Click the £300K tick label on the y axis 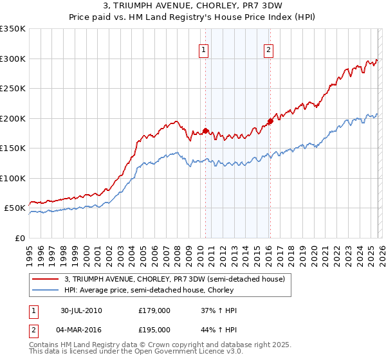pyautogui.click(x=13, y=59)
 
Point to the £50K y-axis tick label pyautogui.click(x=15, y=208)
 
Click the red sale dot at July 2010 pyautogui.click(x=206, y=130)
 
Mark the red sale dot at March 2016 pyautogui.click(x=270, y=121)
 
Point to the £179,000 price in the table pyautogui.click(x=154, y=310)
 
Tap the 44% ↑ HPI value pyautogui.click(x=219, y=329)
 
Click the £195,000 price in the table pyautogui.click(x=154, y=329)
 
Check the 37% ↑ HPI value pyautogui.click(x=219, y=310)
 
